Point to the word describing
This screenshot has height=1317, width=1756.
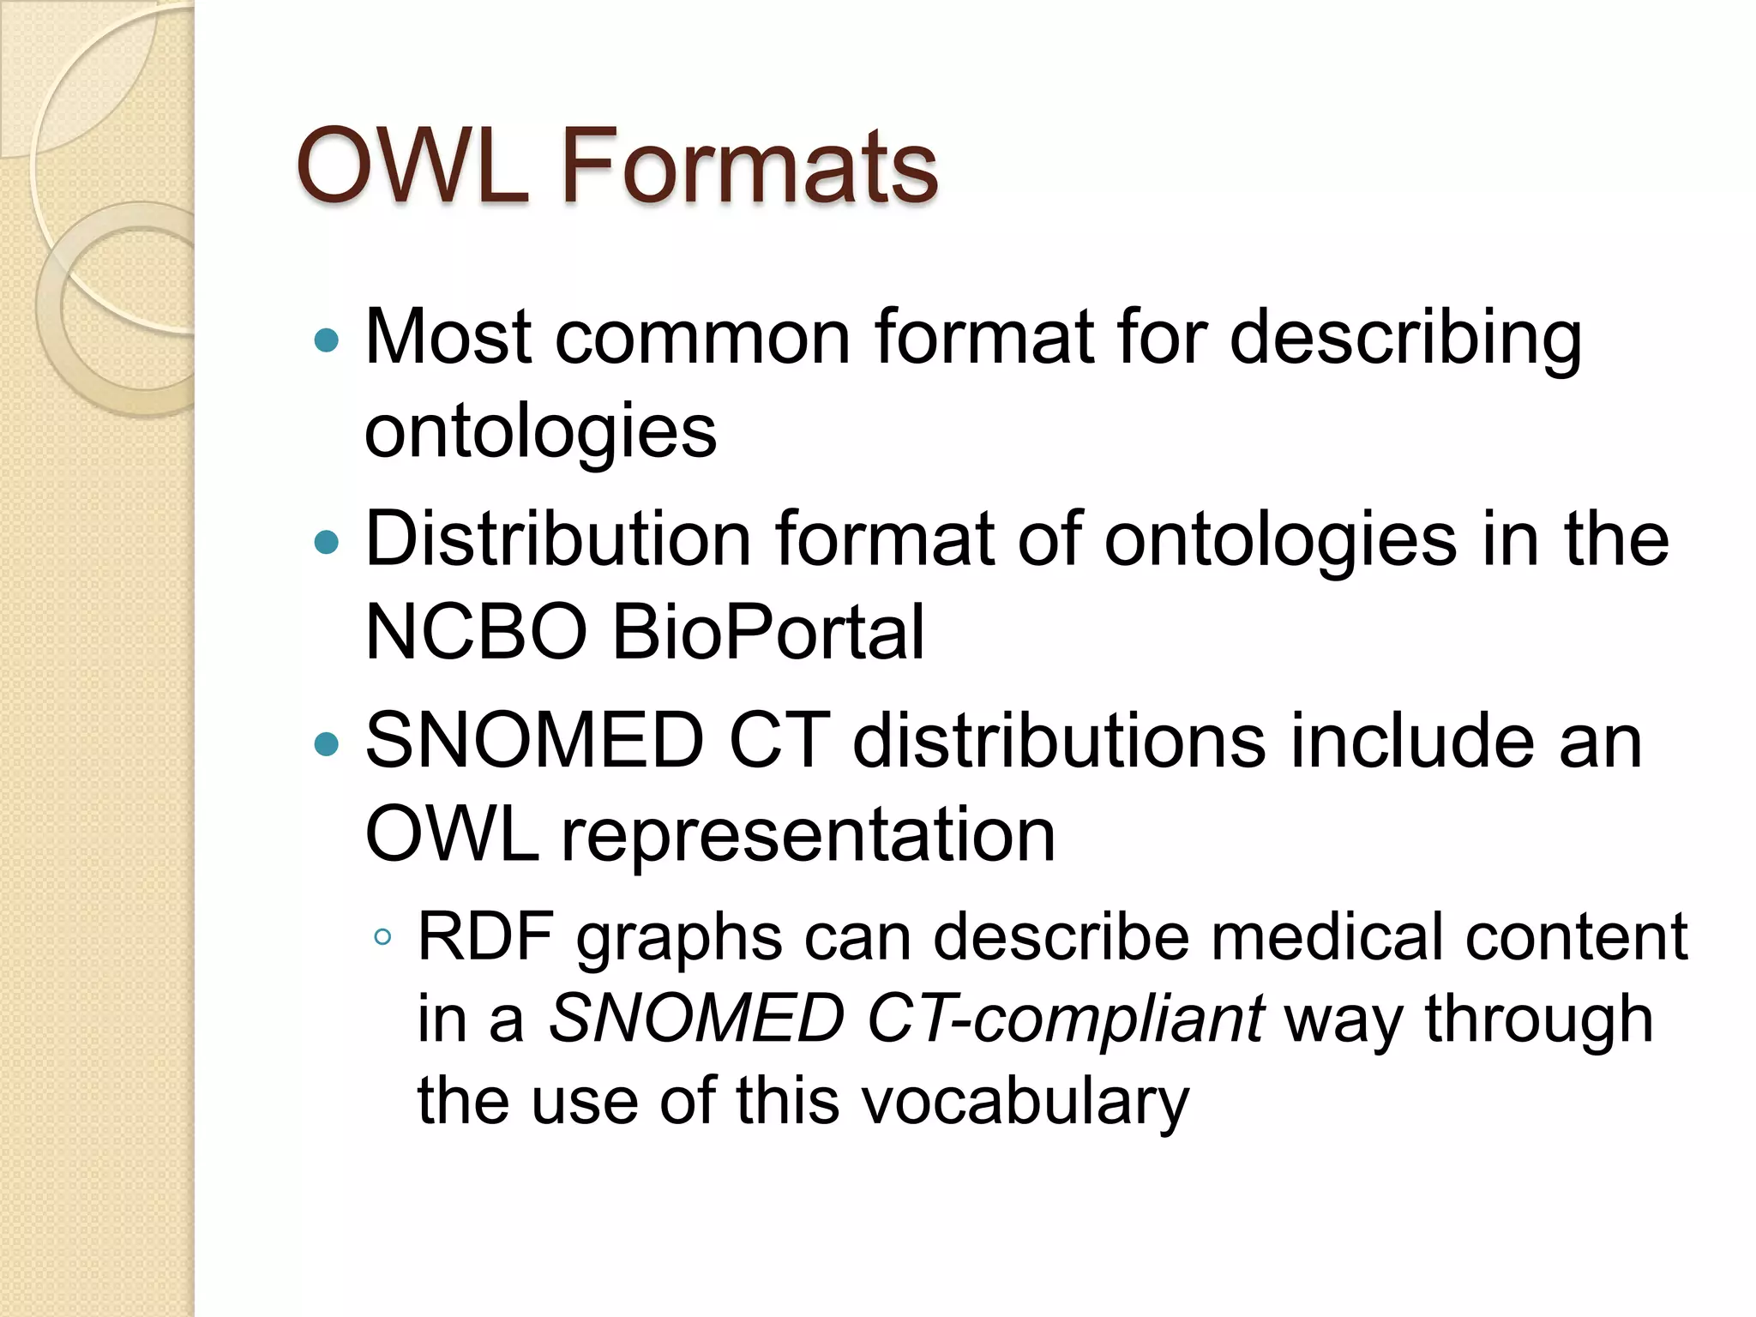pyautogui.click(x=1406, y=340)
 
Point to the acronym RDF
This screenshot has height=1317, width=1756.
pyautogui.click(x=485, y=936)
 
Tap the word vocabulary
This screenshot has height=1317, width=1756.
pyautogui.click(x=1025, y=1101)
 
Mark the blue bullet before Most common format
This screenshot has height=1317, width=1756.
pyautogui.click(x=327, y=341)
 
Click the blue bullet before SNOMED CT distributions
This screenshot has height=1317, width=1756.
pyautogui.click(x=327, y=743)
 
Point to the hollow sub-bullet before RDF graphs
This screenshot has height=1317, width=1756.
pyautogui.click(x=383, y=937)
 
